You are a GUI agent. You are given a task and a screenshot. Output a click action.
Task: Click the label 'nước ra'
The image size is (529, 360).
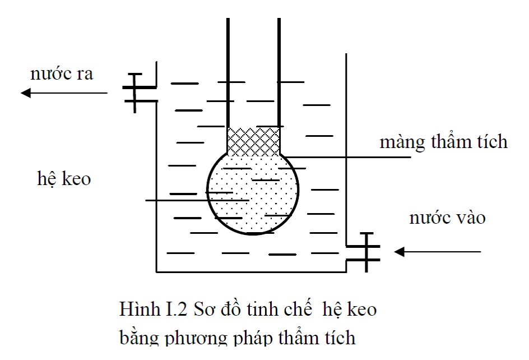tap(62, 73)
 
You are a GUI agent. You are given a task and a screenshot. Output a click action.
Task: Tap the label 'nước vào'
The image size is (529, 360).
tap(447, 218)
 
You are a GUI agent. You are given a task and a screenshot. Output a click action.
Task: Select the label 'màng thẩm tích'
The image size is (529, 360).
tap(444, 141)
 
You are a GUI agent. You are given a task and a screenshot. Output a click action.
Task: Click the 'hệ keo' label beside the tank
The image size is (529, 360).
tap(64, 178)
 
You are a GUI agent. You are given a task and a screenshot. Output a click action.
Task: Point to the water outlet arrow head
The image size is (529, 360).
tap(26, 93)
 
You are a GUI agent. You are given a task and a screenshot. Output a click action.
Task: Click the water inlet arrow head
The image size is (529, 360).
tap(399, 252)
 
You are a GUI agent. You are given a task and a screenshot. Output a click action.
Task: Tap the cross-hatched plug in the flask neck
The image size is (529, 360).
tap(253, 142)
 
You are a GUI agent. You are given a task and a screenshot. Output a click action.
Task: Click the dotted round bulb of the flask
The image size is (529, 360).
tap(253, 193)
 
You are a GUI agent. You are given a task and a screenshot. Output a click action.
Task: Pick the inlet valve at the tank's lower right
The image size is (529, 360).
tap(364, 252)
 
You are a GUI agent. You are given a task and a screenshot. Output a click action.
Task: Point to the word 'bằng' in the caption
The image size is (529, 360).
tap(140, 337)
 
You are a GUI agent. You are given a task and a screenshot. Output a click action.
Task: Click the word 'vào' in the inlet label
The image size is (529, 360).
tap(471, 218)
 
